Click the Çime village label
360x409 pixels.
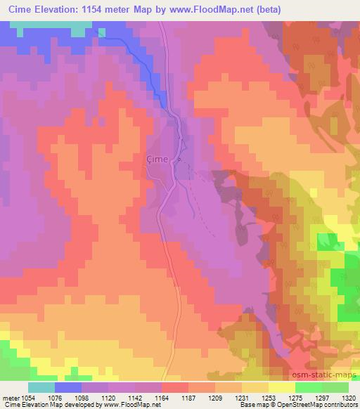point(156,159)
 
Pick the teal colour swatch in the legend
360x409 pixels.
point(41,387)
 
